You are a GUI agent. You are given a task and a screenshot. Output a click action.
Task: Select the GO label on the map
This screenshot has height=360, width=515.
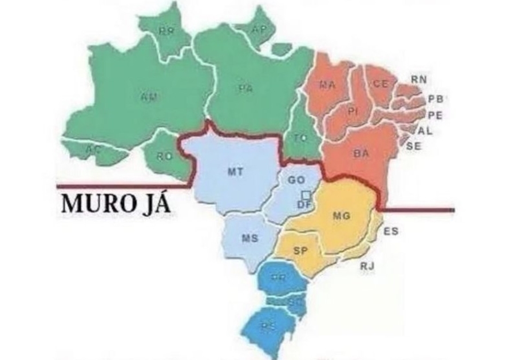296,180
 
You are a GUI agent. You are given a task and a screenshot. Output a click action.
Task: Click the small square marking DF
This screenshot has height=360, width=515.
306,195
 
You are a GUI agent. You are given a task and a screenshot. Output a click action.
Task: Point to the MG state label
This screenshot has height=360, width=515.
341,215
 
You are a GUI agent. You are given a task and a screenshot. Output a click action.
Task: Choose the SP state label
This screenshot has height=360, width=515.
300,250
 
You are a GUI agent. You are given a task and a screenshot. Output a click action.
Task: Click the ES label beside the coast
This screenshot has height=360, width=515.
391,231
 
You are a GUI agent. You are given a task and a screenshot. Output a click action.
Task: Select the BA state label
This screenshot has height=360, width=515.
361,153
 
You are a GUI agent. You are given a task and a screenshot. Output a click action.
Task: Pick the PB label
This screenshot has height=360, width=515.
436,99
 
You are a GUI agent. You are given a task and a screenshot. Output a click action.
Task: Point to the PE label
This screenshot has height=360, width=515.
435,114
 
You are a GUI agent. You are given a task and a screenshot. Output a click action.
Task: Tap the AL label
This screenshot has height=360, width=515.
425,130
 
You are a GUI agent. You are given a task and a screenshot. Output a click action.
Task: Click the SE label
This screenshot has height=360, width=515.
414,145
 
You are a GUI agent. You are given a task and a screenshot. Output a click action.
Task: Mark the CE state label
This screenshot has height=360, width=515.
380,84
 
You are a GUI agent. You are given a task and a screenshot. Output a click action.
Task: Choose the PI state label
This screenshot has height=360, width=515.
353,111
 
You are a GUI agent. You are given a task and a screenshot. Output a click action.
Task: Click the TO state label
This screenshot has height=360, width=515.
300,138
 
